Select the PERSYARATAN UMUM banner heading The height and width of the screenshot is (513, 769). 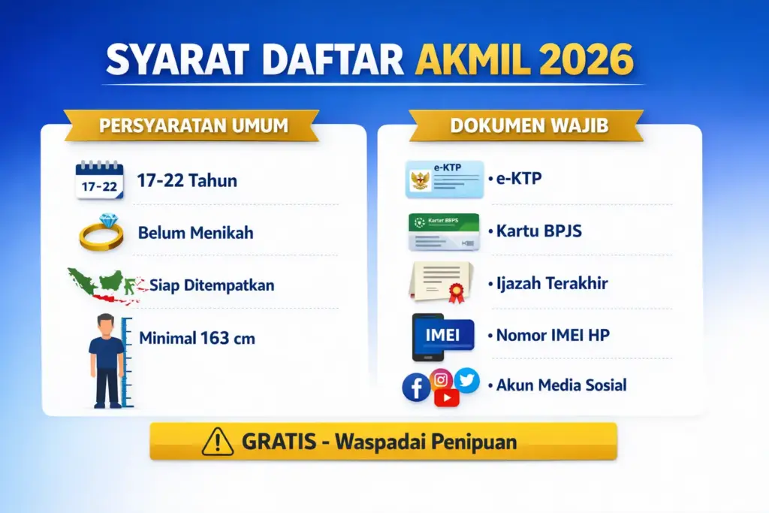(x=194, y=125)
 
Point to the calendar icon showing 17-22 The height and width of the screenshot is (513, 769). (x=99, y=180)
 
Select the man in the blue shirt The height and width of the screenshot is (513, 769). (x=106, y=360)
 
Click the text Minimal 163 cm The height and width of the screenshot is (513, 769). (x=197, y=338)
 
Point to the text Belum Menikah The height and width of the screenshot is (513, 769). (x=195, y=233)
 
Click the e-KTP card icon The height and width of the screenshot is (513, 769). (x=445, y=180)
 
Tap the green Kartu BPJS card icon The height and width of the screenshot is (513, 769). (x=443, y=231)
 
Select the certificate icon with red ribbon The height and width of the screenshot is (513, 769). (x=443, y=282)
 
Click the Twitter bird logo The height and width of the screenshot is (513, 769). (x=467, y=380)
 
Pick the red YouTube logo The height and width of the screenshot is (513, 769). (x=446, y=397)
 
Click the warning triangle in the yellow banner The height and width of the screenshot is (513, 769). (x=218, y=442)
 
